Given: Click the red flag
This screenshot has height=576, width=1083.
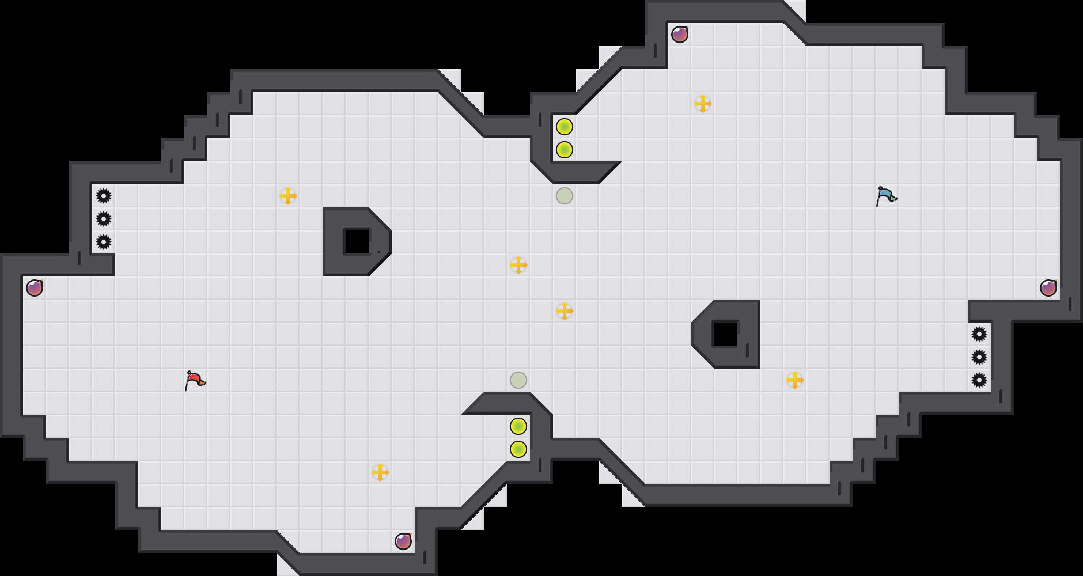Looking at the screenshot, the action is pyautogui.click(x=195, y=380).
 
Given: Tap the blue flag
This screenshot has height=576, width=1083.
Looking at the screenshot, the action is pyautogui.click(x=886, y=196).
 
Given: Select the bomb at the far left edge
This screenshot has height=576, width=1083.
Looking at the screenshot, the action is pyautogui.click(x=35, y=288).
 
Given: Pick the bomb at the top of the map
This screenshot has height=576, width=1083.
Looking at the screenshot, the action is pyautogui.click(x=680, y=35).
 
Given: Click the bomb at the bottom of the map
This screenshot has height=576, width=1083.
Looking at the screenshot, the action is pyautogui.click(x=403, y=541).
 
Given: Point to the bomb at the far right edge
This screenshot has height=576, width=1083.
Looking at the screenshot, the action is pyautogui.click(x=1048, y=288).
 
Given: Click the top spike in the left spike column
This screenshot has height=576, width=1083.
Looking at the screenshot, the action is pyautogui.click(x=104, y=196).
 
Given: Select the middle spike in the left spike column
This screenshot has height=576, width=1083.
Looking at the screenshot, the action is pyautogui.click(x=104, y=219).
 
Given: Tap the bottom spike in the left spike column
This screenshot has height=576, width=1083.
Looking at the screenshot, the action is pyautogui.click(x=104, y=242).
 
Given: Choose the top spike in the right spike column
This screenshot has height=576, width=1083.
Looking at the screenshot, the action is pyautogui.click(x=979, y=334).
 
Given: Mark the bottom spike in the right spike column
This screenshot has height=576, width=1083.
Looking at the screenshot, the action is pyautogui.click(x=979, y=380).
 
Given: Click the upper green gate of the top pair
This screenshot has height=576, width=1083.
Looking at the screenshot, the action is pyautogui.click(x=565, y=127).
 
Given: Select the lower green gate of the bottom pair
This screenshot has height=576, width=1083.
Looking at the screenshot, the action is pyautogui.click(x=518, y=449).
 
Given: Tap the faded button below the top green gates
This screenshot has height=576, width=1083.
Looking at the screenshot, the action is pyautogui.click(x=565, y=196).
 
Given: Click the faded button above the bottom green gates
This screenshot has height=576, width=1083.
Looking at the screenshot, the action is pyautogui.click(x=518, y=380).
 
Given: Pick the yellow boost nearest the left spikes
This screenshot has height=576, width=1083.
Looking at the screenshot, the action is pyautogui.click(x=288, y=196).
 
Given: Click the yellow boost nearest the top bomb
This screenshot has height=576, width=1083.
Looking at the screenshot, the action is pyautogui.click(x=703, y=104).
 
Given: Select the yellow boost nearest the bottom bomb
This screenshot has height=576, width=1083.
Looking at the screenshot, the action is pyautogui.click(x=380, y=472).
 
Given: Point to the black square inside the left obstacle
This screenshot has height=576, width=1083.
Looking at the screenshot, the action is pyautogui.click(x=357, y=242).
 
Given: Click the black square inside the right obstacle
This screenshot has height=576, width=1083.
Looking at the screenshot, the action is pyautogui.click(x=726, y=334).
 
